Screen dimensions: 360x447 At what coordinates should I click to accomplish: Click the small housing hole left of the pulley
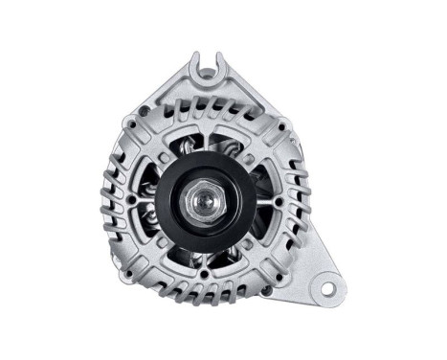(x=131, y=200)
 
